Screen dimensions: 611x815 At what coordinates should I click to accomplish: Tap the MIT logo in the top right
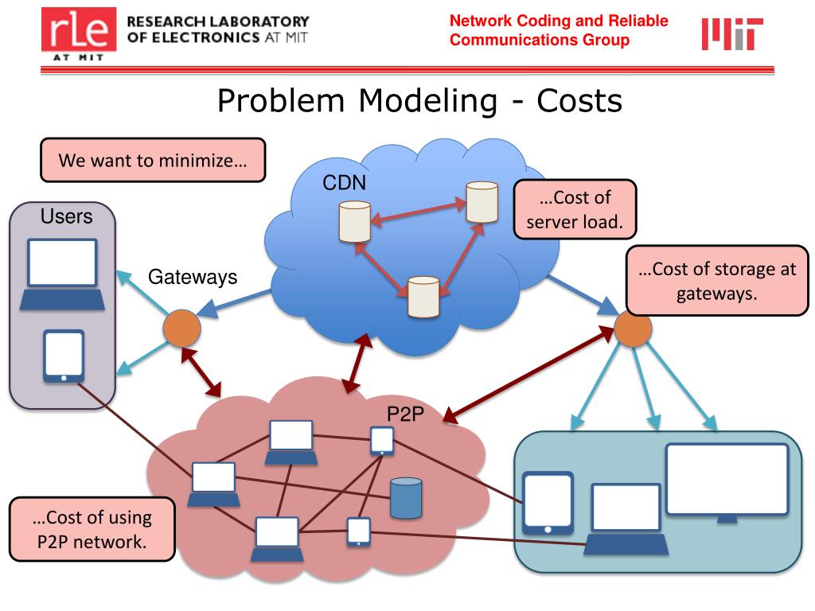point(731,33)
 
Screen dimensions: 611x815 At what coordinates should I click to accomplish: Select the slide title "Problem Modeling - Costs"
point(419,101)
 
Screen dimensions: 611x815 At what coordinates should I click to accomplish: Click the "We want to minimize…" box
point(153,160)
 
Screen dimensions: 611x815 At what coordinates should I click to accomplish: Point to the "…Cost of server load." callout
point(575,209)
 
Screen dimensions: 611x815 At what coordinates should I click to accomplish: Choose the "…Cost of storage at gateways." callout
point(716,281)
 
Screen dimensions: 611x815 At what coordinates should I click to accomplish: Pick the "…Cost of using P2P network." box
point(92,530)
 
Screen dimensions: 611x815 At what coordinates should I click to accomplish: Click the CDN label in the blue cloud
point(344,184)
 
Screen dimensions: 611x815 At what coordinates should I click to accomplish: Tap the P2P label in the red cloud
point(404,414)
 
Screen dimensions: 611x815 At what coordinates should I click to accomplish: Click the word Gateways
point(193,277)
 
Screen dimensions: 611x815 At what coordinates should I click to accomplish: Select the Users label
point(66,216)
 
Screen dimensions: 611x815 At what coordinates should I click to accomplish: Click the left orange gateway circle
point(181,328)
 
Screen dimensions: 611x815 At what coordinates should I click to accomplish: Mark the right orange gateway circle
point(634,329)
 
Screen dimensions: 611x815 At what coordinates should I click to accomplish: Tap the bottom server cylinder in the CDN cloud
point(423,297)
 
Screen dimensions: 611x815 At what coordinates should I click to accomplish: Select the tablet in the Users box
point(63,356)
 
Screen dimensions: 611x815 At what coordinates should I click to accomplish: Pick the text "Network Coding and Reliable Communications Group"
point(559,30)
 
